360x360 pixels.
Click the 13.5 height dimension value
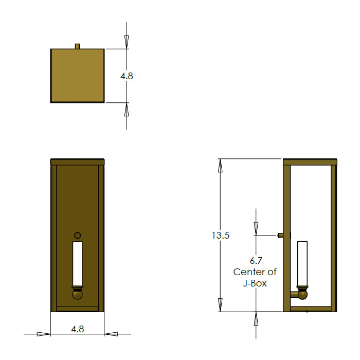click(x=221, y=236)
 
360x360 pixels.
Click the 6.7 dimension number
click(x=256, y=261)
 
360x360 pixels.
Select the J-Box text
click(x=255, y=283)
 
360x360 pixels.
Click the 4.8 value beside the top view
click(x=127, y=76)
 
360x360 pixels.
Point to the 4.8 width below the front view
click(x=78, y=329)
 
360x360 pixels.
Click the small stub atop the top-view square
click(x=78, y=46)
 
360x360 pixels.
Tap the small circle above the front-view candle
click(x=78, y=236)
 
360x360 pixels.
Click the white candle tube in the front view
click(x=78, y=263)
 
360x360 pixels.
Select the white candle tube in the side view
click(x=302, y=263)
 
